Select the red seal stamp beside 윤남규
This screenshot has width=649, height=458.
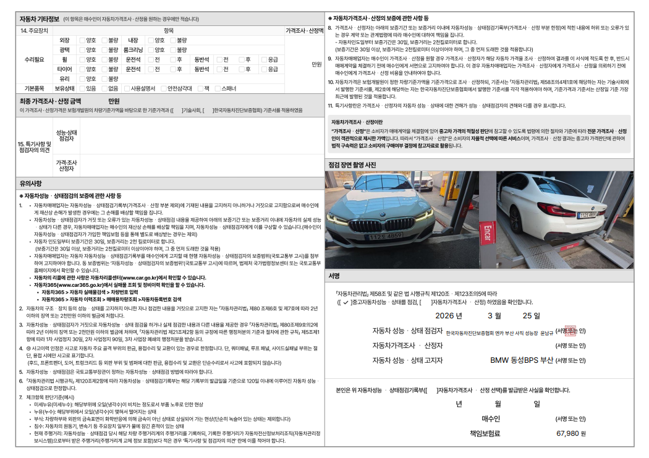[x=569, y=331]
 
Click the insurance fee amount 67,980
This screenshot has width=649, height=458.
[x=567, y=433]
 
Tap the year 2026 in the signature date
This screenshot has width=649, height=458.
[x=449, y=315]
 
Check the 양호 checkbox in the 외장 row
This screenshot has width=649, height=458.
[x=82, y=40]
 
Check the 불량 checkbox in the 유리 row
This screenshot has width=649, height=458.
[x=104, y=79]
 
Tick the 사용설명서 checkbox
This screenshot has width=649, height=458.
[x=127, y=88]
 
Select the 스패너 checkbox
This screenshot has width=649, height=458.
[x=217, y=88]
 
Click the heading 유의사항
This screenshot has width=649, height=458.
[x=30, y=183]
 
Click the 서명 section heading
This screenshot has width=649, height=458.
[x=334, y=276]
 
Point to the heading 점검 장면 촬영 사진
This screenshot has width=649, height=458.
[x=352, y=164]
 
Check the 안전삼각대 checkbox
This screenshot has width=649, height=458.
[x=163, y=88]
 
